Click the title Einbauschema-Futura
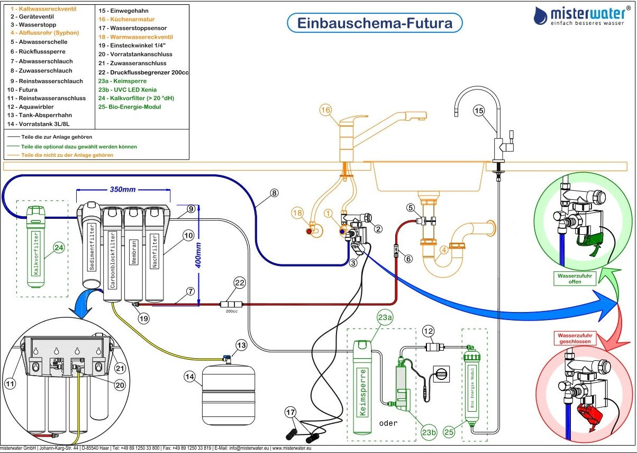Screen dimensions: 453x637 pos(375,23)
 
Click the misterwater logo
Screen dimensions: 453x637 pos(581,16)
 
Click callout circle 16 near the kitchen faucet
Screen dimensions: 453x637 pos(326,110)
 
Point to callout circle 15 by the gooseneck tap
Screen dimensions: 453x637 pos(478,110)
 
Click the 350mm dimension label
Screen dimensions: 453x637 pos(123,190)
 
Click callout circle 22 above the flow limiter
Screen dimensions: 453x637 pos(240,283)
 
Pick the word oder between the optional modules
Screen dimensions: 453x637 pos(388,423)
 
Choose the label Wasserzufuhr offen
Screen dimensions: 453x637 pos(575,278)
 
